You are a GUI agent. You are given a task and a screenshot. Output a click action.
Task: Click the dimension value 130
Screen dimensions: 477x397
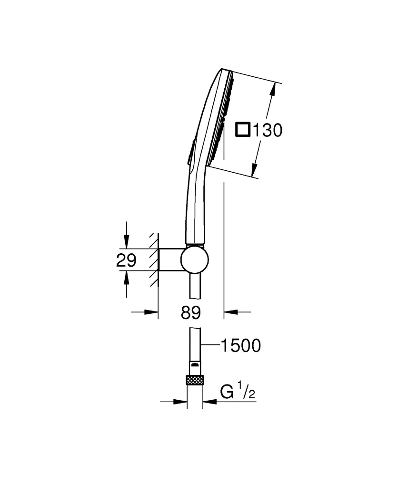(x=268, y=130)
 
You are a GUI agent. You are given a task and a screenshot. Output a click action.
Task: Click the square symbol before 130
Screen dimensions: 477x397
(x=244, y=130)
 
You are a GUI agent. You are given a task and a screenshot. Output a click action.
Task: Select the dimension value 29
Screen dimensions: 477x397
(x=127, y=260)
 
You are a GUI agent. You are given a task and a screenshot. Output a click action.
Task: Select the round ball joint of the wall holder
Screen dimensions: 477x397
(x=194, y=260)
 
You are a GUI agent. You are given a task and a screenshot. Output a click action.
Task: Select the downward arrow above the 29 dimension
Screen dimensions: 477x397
(x=126, y=242)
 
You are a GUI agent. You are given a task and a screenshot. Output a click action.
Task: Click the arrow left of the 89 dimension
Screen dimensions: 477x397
(x=151, y=312)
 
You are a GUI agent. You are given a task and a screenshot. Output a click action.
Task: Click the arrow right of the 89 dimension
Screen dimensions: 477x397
(x=230, y=312)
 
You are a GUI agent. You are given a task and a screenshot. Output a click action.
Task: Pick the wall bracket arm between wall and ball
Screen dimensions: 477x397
(x=169, y=260)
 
